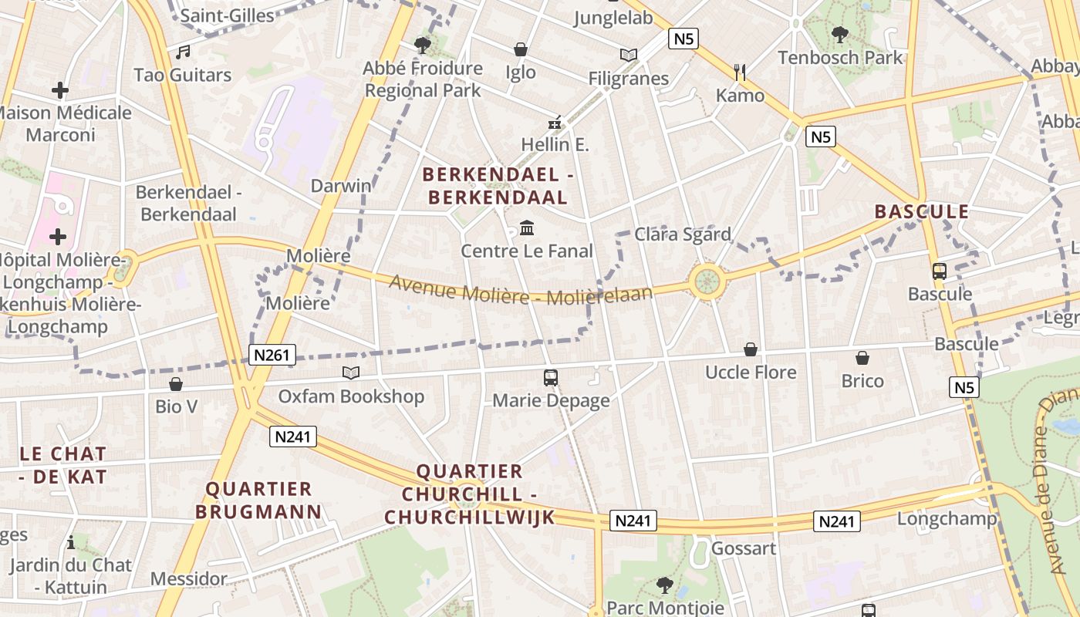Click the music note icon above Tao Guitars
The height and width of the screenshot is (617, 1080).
click(x=183, y=52)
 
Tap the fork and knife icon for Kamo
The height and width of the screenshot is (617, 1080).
click(x=740, y=72)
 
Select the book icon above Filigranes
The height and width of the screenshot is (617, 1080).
click(x=629, y=55)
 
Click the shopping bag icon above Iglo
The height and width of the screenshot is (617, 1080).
click(x=521, y=49)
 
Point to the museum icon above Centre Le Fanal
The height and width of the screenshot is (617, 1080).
click(x=527, y=228)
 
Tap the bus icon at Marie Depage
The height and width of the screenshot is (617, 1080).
click(x=551, y=377)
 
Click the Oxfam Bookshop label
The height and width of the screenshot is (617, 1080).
click(x=351, y=396)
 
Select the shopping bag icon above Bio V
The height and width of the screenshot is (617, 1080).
click(x=176, y=383)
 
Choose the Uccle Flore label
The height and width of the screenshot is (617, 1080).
click(x=750, y=373)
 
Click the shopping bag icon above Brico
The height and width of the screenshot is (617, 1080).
click(x=862, y=358)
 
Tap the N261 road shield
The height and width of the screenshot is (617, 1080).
click(x=273, y=355)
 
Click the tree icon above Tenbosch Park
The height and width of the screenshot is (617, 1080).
click(x=840, y=35)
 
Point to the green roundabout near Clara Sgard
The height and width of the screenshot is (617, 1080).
click(x=707, y=281)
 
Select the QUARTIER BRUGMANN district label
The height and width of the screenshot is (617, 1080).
click(x=258, y=500)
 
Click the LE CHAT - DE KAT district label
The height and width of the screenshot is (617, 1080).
click(x=63, y=465)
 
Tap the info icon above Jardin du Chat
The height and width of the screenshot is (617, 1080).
click(x=71, y=541)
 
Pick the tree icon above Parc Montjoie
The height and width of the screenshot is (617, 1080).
click(x=664, y=585)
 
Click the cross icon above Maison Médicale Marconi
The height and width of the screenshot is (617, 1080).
click(x=60, y=90)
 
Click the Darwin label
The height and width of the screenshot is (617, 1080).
click(x=341, y=186)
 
